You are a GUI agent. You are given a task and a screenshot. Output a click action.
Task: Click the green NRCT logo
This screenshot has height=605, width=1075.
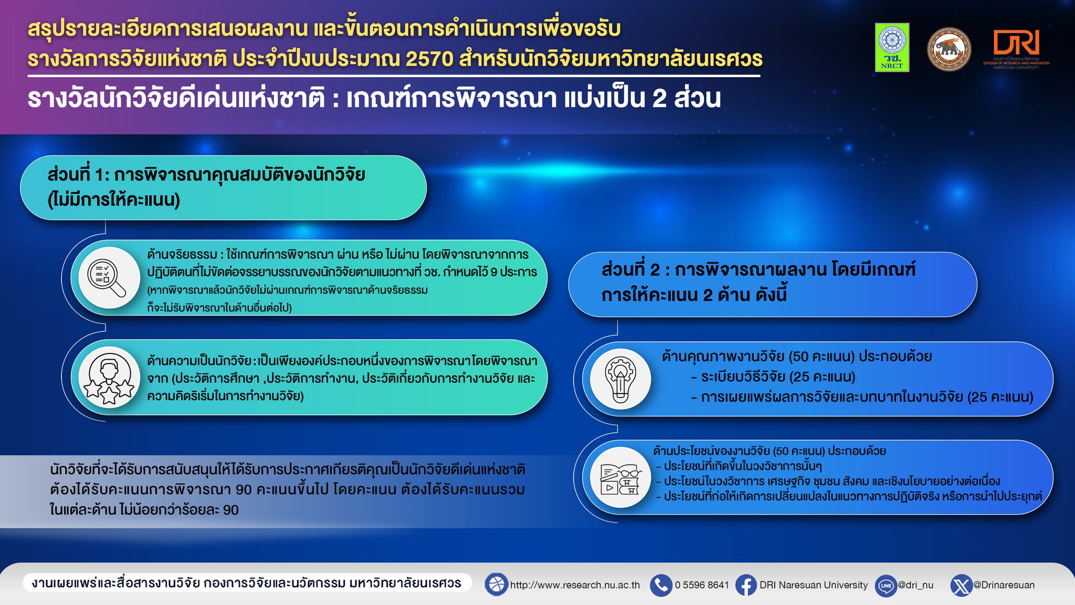point(892,47)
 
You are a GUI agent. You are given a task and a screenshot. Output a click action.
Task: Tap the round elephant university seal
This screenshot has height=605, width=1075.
point(949,49)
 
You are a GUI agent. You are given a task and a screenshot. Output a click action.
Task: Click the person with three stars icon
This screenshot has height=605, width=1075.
point(109,377)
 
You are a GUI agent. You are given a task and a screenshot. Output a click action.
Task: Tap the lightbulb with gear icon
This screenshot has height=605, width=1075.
point(620,379)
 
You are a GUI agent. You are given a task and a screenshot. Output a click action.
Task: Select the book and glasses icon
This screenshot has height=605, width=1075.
point(621,477)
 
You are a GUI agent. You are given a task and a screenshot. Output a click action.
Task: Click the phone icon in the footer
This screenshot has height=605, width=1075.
point(661,585)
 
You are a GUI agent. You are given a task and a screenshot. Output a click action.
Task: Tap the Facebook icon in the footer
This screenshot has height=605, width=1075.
point(746,585)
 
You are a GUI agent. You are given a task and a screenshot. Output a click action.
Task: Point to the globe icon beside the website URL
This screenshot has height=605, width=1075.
point(496,585)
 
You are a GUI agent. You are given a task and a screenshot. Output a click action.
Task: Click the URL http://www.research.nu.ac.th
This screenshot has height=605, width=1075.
point(575,585)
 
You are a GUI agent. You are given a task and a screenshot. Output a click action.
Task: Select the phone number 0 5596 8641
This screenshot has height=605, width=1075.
point(702,585)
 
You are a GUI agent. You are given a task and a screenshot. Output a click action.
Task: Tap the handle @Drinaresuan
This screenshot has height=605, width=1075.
point(1004,585)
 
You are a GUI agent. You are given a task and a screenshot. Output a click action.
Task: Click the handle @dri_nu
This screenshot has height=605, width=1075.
point(915,585)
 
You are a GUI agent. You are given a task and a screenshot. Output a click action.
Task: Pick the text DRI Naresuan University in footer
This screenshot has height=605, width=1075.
point(814,585)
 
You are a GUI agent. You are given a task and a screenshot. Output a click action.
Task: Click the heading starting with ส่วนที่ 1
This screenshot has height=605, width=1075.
point(206,187)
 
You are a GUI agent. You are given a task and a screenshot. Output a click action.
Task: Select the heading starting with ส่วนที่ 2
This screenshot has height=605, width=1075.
point(758,283)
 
